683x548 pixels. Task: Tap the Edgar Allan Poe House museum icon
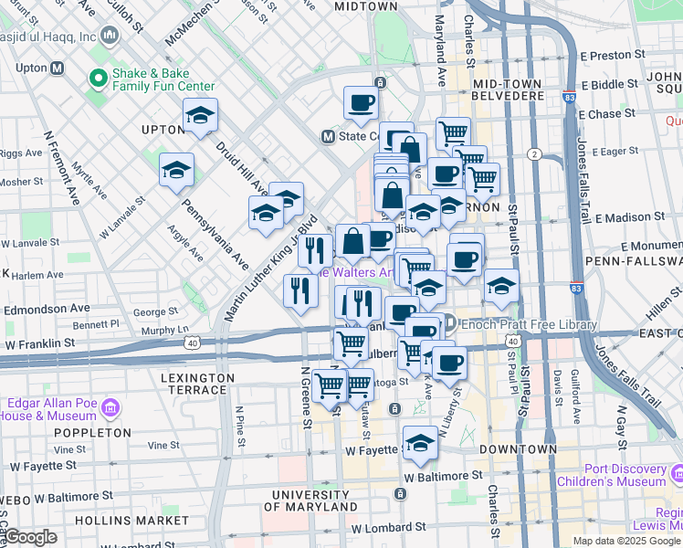tap(111, 406)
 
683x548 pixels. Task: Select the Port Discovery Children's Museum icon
tap(676, 475)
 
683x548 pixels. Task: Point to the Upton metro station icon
tap(57, 68)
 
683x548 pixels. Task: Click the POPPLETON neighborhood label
tap(93, 433)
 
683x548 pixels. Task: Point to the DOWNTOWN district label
tap(520, 449)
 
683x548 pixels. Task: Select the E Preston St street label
tap(618, 55)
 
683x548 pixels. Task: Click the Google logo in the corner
tap(31, 537)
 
